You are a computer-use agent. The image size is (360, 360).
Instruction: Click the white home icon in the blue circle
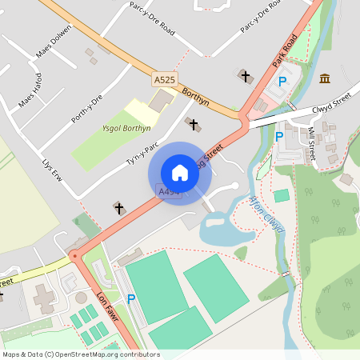pyautogui.click(x=180, y=173)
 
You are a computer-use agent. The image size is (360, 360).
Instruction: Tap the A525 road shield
pyautogui.click(x=164, y=79)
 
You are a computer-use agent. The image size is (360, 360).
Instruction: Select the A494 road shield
pyautogui.click(x=168, y=192)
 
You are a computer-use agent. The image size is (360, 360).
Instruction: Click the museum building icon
pyautogui.click(x=325, y=78)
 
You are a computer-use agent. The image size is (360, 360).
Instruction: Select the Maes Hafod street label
pyautogui.click(x=31, y=91)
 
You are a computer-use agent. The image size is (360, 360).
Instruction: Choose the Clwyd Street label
pyautogui.click(x=332, y=102)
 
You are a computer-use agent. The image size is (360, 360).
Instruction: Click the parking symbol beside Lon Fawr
pyautogui.click(x=131, y=298)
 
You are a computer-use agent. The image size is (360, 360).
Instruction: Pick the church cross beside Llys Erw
pyautogui.click(x=119, y=208)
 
